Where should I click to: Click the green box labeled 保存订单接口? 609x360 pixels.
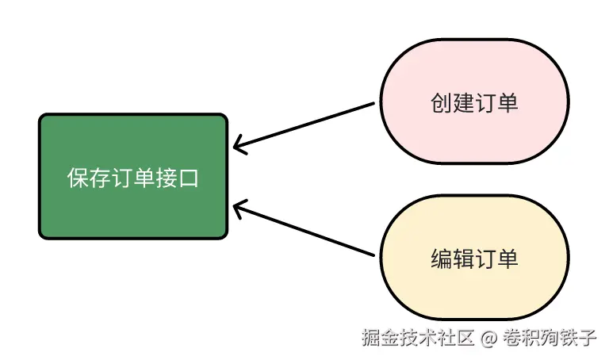[x=133, y=176]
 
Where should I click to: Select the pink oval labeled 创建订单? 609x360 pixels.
[x=474, y=101]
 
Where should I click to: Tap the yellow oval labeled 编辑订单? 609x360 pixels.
[x=474, y=259]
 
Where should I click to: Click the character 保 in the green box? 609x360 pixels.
[x=78, y=178]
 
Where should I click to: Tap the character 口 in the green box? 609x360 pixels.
[x=189, y=178]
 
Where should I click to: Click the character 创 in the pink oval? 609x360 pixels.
[x=441, y=102]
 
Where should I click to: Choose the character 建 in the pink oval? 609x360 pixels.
[x=463, y=102]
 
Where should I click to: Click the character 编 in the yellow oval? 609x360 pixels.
[x=441, y=259]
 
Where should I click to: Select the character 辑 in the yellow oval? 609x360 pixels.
[x=463, y=259]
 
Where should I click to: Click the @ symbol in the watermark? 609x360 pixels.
[x=489, y=338]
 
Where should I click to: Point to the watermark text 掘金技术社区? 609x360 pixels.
[x=417, y=338]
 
